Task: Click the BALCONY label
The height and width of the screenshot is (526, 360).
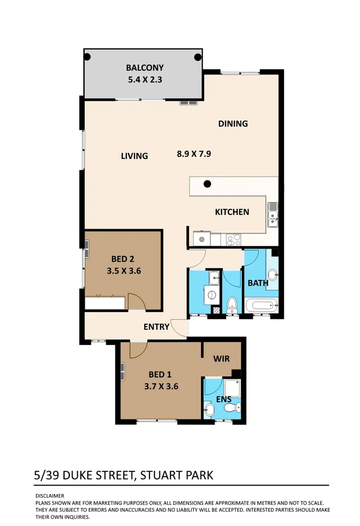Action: pyautogui.click(x=145, y=68)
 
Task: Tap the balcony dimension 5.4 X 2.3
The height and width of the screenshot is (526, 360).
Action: pyautogui.click(x=145, y=80)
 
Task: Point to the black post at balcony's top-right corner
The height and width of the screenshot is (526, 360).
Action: pyautogui.click(x=197, y=57)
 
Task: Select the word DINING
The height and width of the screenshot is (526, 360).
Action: pyautogui.click(x=233, y=124)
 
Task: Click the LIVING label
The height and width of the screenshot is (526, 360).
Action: pyautogui.click(x=134, y=156)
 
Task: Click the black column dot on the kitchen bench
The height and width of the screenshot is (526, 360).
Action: pyautogui.click(x=208, y=184)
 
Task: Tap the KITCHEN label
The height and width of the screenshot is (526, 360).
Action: pyautogui.click(x=232, y=212)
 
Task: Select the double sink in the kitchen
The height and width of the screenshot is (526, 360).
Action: pyautogui.click(x=273, y=216)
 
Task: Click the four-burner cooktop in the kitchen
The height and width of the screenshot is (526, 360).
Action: pyautogui.click(x=234, y=240)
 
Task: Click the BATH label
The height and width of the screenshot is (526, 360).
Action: pyautogui.click(x=258, y=283)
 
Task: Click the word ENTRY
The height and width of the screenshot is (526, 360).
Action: pyautogui.click(x=156, y=327)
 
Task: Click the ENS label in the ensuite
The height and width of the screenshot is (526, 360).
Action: pyautogui.click(x=225, y=400)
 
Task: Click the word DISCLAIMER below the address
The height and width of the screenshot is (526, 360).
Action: pyautogui.click(x=49, y=496)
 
